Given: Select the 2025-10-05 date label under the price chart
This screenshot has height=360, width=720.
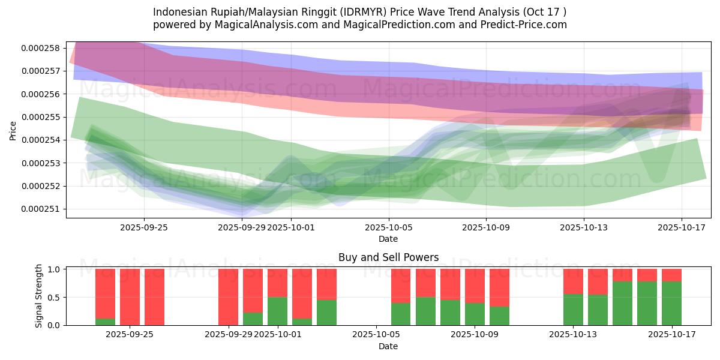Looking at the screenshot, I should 388,227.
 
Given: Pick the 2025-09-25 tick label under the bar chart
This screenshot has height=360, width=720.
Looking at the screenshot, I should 130,335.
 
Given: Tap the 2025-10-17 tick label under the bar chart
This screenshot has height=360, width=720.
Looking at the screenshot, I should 671,335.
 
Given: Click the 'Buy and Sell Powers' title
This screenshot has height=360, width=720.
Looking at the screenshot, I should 388,257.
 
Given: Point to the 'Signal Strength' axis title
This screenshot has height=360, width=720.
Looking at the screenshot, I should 39,296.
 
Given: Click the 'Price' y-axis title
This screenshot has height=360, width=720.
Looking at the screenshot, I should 13,130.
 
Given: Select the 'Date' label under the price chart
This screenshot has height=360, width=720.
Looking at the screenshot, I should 388,239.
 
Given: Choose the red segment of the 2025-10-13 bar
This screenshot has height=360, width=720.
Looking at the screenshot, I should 573,281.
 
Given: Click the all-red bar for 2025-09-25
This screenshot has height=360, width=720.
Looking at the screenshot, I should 154,297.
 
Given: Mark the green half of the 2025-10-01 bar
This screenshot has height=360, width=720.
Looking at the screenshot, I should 277,311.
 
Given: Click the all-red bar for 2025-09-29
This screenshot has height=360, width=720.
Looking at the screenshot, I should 228,297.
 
